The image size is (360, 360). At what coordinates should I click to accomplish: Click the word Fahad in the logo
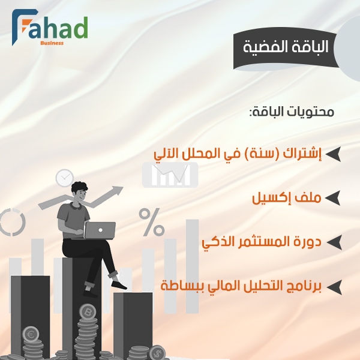(57, 28)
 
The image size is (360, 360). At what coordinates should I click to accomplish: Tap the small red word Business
(52, 43)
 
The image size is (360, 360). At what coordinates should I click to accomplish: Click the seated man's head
(81, 193)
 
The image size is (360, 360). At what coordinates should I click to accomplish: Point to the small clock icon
(64, 178)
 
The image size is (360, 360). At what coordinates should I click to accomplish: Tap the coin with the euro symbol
(30, 334)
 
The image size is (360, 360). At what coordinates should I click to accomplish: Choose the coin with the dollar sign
(157, 353)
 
